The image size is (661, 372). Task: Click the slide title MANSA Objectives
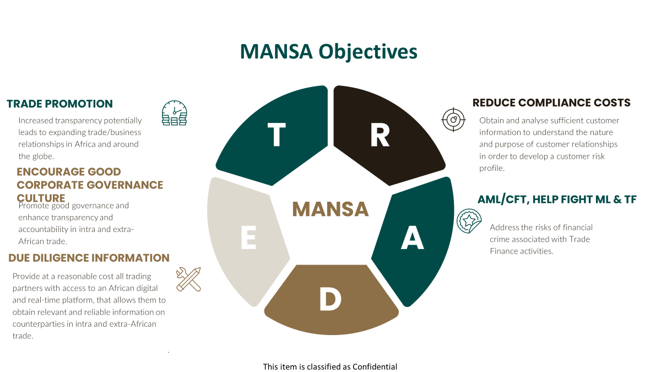[329, 51]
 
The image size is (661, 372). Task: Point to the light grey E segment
[245, 240]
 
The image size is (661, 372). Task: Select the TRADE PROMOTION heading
[59, 104]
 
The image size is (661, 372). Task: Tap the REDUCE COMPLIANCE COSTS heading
[551, 103]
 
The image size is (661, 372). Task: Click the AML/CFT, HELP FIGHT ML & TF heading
[557, 200]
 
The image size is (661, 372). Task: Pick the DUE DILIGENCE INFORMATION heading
[89, 258]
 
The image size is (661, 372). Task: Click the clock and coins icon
[175, 113]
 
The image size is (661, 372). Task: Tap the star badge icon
[470, 221]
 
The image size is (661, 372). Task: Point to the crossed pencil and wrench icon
[188, 279]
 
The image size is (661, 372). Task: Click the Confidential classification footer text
[330, 366]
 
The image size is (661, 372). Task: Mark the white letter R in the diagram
[380, 135]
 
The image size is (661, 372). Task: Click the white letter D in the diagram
[330, 299]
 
